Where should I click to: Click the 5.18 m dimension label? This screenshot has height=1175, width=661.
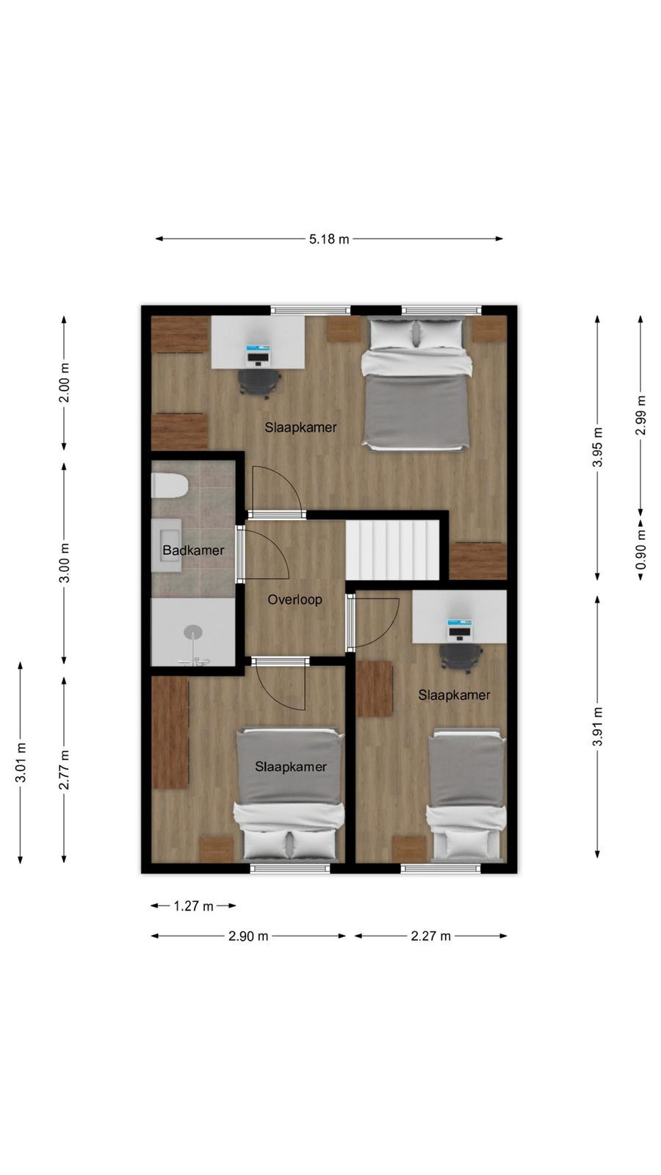point(329,239)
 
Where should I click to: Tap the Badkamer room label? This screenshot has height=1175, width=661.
point(194,550)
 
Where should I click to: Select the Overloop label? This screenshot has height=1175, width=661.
point(295,599)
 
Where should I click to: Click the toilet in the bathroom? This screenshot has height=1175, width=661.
point(170,485)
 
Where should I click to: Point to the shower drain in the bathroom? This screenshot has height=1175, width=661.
point(193,632)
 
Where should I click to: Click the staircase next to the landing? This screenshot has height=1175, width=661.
point(392,550)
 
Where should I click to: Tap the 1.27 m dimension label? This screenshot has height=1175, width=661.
point(194,906)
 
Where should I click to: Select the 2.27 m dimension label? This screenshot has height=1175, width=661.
point(430,936)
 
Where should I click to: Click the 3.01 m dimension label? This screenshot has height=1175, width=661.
point(21,762)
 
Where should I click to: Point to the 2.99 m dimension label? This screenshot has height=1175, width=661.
point(640,415)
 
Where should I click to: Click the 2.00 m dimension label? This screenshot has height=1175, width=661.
point(64,383)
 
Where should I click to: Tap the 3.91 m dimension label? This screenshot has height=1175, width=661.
point(598,726)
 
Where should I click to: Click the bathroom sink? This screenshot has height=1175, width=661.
point(166,546)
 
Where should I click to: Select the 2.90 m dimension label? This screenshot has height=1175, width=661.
point(248,936)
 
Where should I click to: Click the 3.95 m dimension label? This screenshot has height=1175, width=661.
point(598,447)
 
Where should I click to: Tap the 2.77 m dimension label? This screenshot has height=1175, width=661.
point(64,770)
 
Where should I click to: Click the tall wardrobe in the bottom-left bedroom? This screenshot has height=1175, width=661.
point(170,732)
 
